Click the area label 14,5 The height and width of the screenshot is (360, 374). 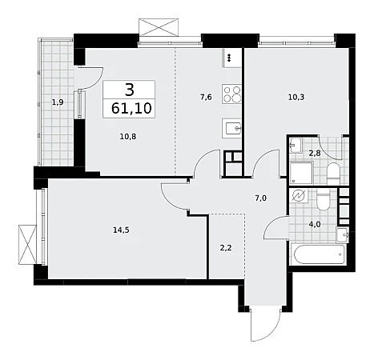point(121,230)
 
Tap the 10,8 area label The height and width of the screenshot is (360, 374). point(128,137)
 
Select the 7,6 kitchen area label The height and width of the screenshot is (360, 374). point(206,97)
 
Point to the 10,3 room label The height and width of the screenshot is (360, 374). point(296,97)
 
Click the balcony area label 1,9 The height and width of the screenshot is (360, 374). point(58,102)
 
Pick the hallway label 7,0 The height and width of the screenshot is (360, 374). point(260,198)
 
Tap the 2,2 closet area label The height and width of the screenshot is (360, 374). point(226,248)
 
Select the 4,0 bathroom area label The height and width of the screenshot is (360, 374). point(315,224)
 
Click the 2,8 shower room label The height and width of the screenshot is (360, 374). point(315,154)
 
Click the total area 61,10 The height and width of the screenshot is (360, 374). point(131,108)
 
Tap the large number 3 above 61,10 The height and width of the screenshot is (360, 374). point(130,90)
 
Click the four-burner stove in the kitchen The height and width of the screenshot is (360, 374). point(231,94)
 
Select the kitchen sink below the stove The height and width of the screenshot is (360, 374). point(231,129)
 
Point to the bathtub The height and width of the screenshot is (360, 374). point(319,254)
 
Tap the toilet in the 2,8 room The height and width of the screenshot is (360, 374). point(333,174)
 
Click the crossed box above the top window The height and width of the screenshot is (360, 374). point(159,27)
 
